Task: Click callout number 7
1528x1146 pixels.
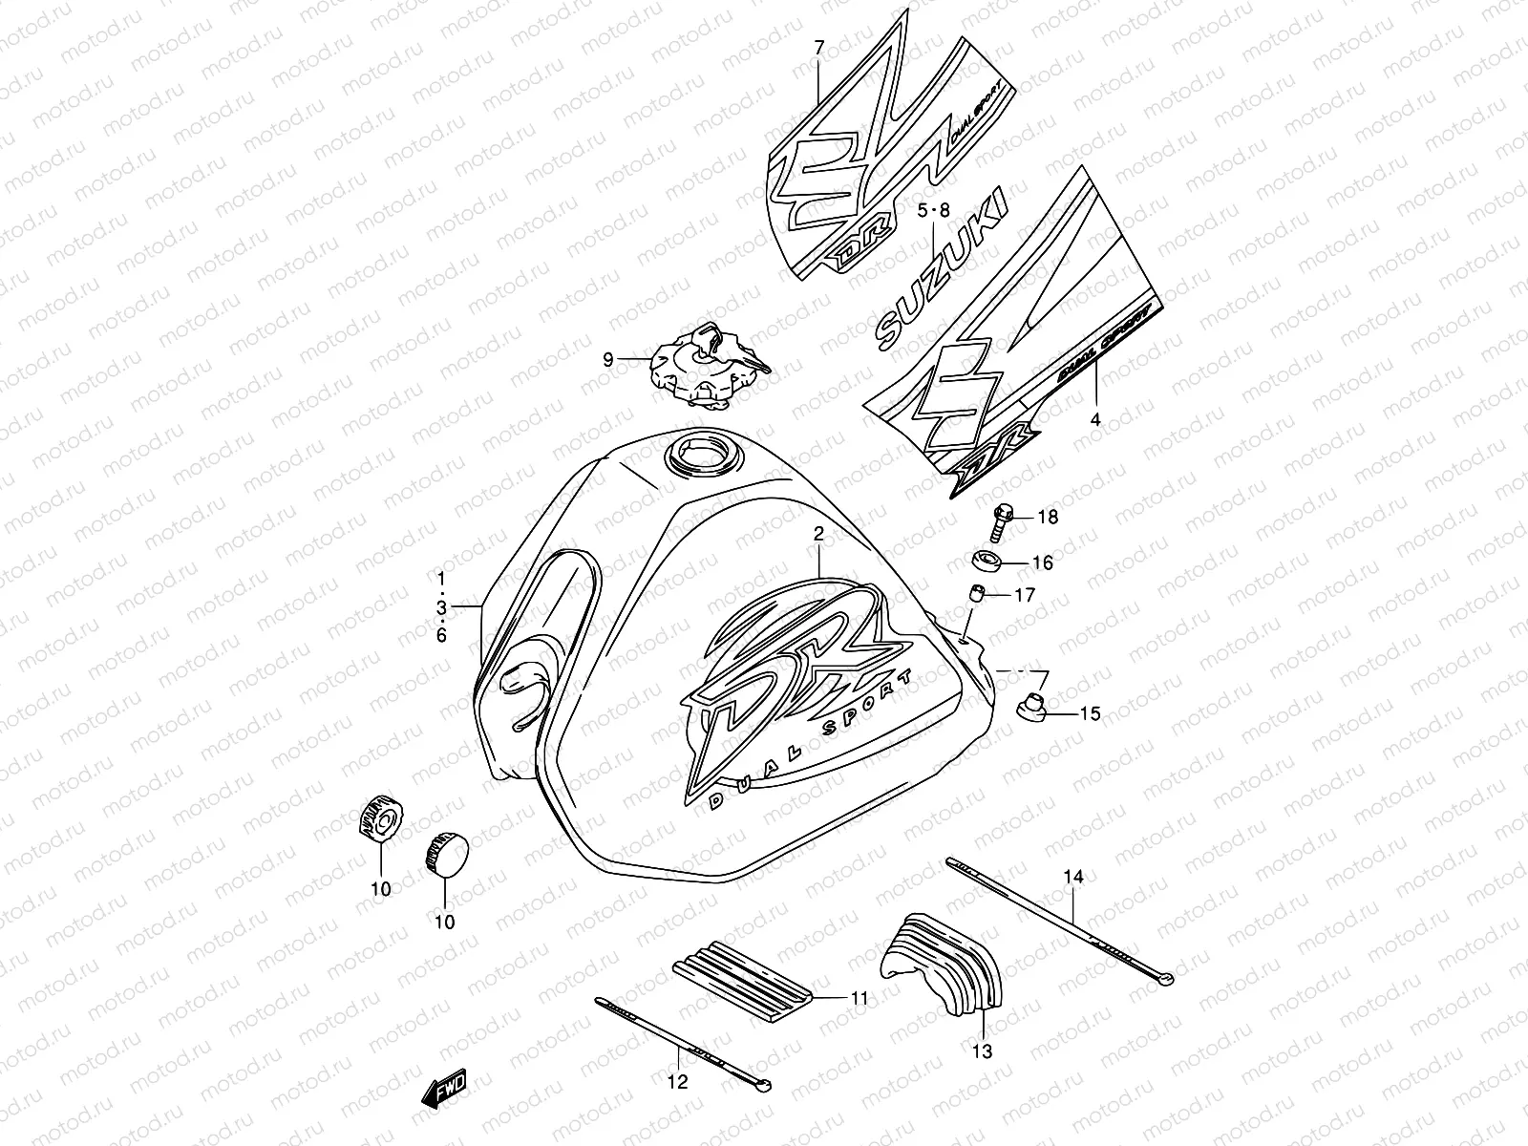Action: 817,46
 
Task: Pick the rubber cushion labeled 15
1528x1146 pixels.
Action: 1032,709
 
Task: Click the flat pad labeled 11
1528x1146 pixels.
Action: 743,980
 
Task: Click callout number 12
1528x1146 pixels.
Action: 677,1082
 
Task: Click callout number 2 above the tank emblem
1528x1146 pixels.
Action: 818,536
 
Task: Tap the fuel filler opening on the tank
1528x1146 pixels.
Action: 702,452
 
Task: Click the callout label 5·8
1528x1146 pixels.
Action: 933,211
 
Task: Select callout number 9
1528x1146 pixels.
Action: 607,359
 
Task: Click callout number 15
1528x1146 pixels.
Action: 1090,713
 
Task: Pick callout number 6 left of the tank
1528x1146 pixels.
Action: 441,635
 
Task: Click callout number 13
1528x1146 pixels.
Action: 983,1051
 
